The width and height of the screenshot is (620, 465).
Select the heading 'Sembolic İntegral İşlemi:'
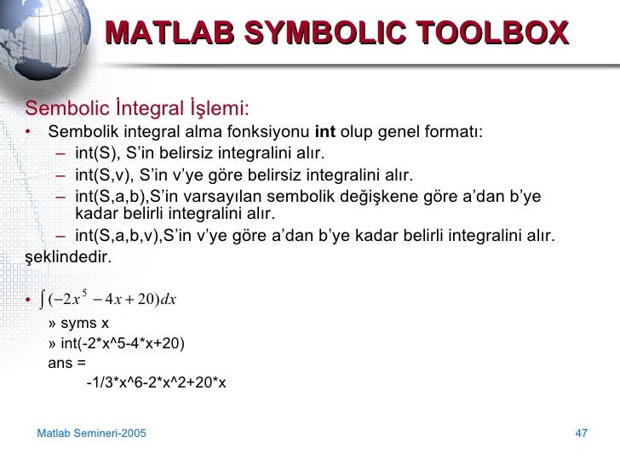(x=137, y=109)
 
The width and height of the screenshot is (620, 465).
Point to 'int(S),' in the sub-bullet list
(x=97, y=154)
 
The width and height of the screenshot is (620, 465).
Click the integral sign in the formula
(x=43, y=300)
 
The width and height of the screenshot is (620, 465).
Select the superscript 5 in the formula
(x=85, y=293)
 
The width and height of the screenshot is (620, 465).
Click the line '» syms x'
(x=79, y=324)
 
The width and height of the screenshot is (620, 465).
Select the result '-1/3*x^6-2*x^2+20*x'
(x=156, y=384)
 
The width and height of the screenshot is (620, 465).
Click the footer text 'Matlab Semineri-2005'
(x=92, y=434)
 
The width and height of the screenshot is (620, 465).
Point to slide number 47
(x=582, y=434)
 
